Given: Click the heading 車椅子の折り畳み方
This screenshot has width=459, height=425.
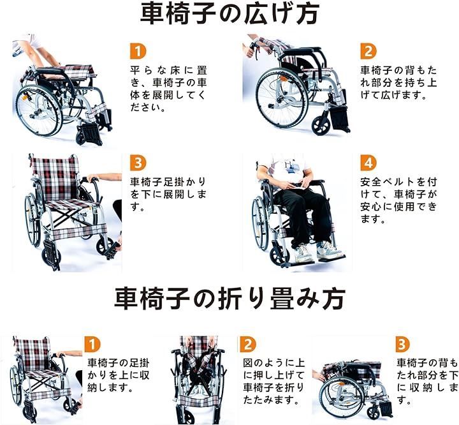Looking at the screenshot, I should click(230, 297).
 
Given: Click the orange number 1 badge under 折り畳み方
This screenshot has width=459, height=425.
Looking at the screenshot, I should click(94, 345).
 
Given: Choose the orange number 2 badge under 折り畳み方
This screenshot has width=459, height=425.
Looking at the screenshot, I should click(247, 345).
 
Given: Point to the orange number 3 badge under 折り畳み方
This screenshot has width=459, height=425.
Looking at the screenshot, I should click(402, 345).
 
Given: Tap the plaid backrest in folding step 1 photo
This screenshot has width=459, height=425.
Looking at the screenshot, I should click(31, 353).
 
